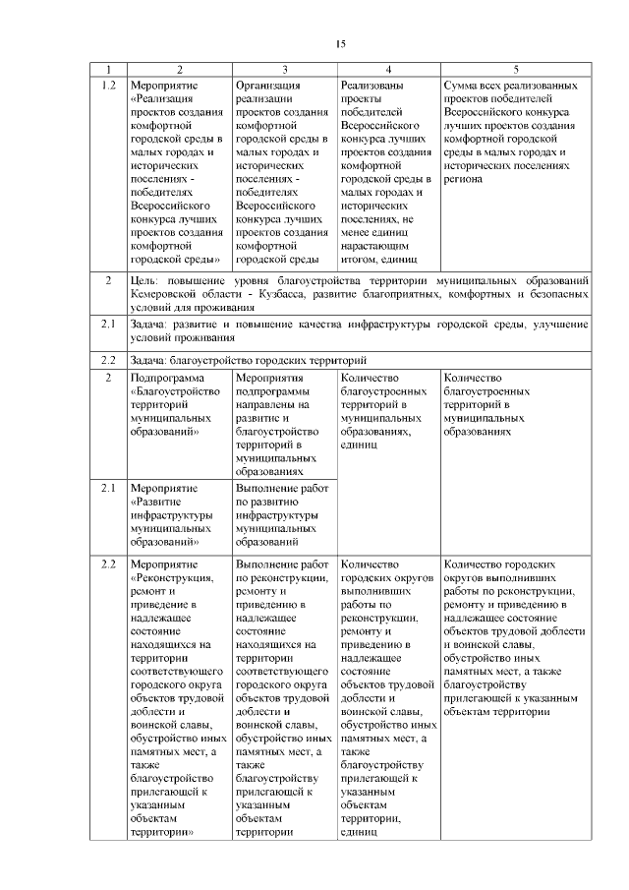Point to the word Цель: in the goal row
pos(147,281)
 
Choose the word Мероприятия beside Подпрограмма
pos(269,378)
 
